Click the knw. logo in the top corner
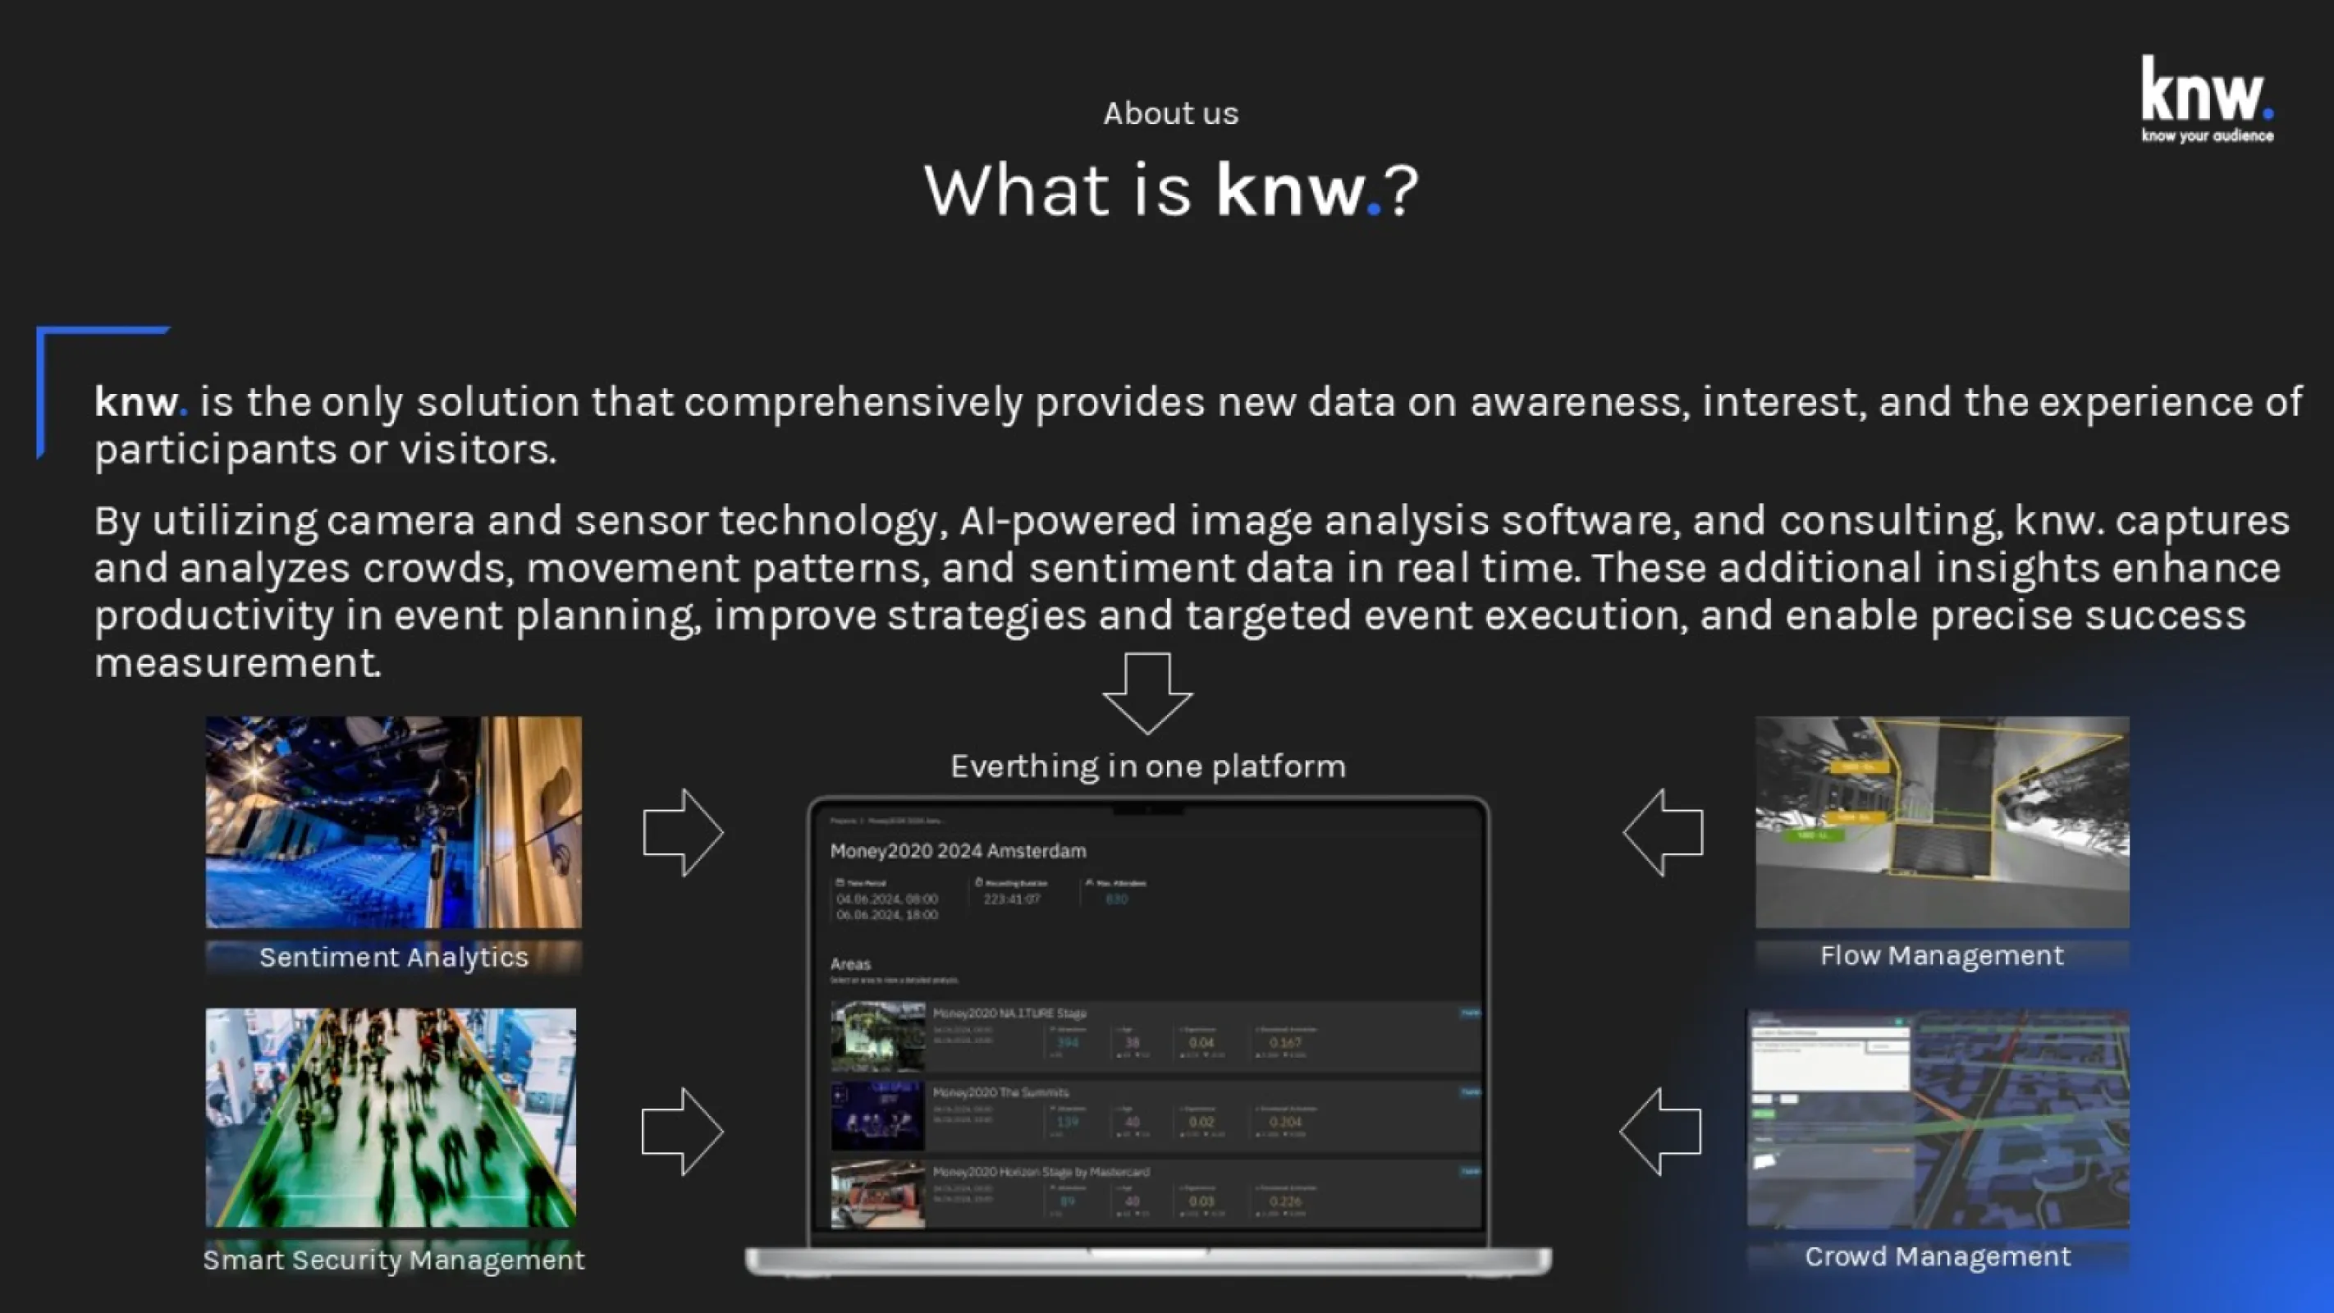(2206, 98)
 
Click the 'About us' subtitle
(1169, 113)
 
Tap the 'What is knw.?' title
(1169, 190)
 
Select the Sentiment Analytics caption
(393, 957)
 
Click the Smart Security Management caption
(393, 1259)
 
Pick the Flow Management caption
(1942, 955)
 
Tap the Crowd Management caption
(1937, 1256)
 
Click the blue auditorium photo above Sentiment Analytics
(393, 822)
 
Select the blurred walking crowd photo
(391, 1117)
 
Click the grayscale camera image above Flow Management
(1942, 822)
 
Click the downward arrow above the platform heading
(1147, 693)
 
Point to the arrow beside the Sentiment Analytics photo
(682, 832)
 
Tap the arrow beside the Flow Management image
(1664, 832)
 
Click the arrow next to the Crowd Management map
(1660, 1132)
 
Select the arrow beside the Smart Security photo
(681, 1132)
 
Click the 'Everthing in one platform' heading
(1147, 766)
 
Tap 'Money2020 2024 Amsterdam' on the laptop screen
(958, 851)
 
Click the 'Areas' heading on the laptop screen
(850, 964)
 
